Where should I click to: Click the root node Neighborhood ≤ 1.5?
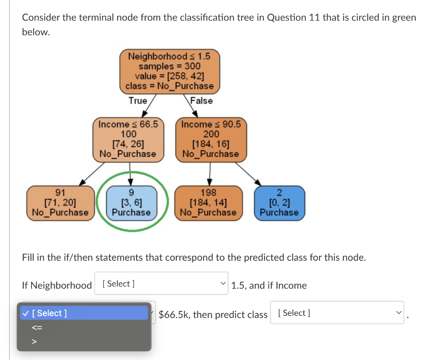coord(169,71)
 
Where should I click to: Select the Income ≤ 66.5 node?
coord(128,139)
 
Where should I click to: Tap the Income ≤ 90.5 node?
coord(211,139)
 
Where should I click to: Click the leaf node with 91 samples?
coord(60,203)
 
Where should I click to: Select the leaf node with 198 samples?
coord(208,203)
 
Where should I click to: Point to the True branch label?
coord(138,101)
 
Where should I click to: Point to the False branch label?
coord(202,101)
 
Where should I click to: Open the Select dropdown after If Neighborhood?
coord(161,284)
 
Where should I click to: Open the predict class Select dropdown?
coord(337,313)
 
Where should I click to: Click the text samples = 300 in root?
coord(169,66)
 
